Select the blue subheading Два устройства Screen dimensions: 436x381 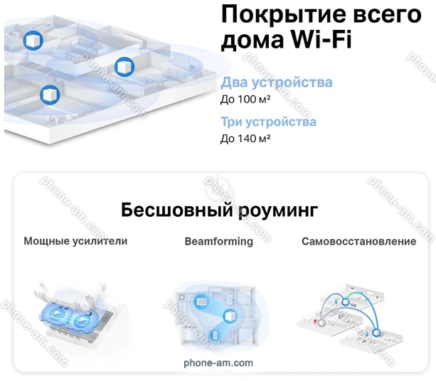(277, 82)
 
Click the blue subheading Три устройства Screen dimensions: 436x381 (268, 122)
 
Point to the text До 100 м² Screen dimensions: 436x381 (245, 100)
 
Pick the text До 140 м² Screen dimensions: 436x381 (245, 138)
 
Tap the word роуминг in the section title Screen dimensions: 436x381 (278, 210)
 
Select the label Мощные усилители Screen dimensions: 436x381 (75, 241)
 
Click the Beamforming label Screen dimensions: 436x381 (219, 241)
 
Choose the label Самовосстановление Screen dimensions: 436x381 (358, 241)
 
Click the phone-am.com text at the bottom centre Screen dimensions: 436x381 (218, 363)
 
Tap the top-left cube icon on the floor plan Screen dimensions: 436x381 (33, 41)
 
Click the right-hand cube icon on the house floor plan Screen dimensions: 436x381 (124, 67)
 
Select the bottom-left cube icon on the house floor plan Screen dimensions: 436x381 (50, 95)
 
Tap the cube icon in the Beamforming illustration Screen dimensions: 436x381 (230, 316)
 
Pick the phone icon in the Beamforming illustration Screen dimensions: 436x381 (215, 336)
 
